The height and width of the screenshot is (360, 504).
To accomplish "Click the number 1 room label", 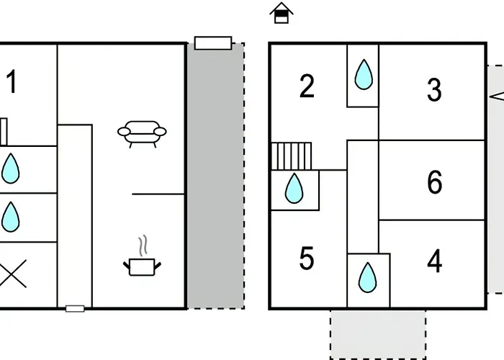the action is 12,81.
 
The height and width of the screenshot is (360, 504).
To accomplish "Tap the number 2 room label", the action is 307,86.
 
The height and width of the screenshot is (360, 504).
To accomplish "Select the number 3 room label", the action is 434,90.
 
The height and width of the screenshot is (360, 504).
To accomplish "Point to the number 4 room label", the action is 435,261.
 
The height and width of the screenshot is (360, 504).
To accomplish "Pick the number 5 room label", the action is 306,258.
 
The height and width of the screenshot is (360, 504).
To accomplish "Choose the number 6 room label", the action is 435,182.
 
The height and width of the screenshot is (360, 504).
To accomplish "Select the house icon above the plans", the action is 282,13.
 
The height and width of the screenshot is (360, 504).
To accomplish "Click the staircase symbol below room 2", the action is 291,156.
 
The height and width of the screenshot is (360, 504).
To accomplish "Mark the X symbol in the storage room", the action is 12,274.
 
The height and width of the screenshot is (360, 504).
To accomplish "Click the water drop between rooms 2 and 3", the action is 364,74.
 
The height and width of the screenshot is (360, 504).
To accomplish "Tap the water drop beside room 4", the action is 367,277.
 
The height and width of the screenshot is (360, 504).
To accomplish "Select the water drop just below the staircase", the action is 294,189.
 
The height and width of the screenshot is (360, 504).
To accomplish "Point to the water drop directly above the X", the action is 11,217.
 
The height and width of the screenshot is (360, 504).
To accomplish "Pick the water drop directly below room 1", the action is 11,168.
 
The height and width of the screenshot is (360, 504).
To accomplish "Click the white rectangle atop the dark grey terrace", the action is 213,43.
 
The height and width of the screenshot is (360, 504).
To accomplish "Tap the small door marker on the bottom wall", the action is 75,309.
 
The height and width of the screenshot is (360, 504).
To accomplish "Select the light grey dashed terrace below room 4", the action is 378,335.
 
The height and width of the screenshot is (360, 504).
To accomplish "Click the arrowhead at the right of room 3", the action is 497,96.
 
